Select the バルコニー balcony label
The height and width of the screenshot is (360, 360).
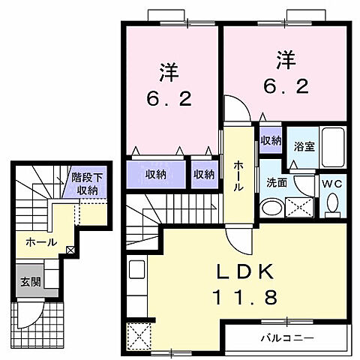[x=288, y=336]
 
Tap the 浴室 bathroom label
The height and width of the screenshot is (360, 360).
[x=304, y=146]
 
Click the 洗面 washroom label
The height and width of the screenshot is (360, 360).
[x=275, y=181]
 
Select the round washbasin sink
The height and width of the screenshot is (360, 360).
[x=268, y=207]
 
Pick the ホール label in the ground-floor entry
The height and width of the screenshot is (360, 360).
[x=41, y=242]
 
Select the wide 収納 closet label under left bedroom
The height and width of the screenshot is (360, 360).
[x=155, y=173]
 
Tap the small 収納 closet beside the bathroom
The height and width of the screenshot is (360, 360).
[x=271, y=140]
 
